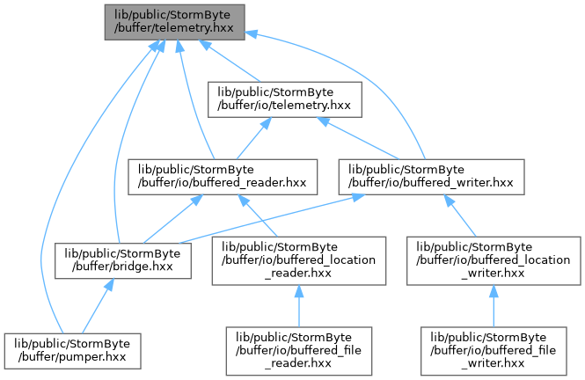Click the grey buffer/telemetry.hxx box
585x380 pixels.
pos(174,22)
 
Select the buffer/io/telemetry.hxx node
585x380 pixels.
pos(285,99)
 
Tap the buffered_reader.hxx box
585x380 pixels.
pos(223,177)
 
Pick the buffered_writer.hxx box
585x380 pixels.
pos(431,177)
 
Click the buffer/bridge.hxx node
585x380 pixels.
pos(123,260)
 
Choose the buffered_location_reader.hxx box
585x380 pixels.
pos(299,260)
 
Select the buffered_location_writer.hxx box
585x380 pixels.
pos(494,260)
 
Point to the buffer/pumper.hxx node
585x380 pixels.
pos(73,351)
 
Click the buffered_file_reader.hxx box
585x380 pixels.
pos(299,351)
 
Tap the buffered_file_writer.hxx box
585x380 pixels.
pos(494,351)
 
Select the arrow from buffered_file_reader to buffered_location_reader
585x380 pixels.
pos(299,306)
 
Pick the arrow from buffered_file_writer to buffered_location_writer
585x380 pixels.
pos(494,306)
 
